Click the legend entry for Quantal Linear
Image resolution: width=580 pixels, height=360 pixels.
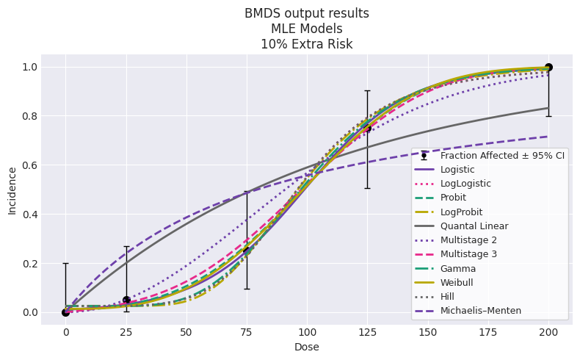click(474, 226)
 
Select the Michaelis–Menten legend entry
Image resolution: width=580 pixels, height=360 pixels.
click(480, 311)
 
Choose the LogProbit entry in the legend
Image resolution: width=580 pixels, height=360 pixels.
click(461, 212)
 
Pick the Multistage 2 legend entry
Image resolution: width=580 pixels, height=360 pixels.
click(468, 240)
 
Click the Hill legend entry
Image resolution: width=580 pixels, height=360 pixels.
click(447, 297)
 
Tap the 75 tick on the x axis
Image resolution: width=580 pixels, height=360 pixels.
click(247, 332)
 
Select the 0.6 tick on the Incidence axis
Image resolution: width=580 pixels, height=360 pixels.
click(30, 165)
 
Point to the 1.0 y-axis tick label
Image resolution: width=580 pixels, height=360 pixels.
click(30, 68)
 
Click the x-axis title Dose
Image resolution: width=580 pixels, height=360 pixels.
click(307, 347)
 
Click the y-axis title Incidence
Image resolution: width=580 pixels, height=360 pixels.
click(12, 190)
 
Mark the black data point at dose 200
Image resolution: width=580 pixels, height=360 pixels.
click(548, 68)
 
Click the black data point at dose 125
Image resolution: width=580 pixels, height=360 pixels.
click(367, 129)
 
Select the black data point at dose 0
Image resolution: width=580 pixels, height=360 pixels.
click(66, 313)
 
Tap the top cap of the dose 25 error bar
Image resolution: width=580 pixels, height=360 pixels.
click(126, 246)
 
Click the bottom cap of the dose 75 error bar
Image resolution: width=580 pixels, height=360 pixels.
click(247, 289)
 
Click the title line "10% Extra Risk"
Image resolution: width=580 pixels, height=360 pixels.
click(307, 44)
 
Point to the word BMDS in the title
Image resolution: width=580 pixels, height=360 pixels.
click(261, 13)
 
